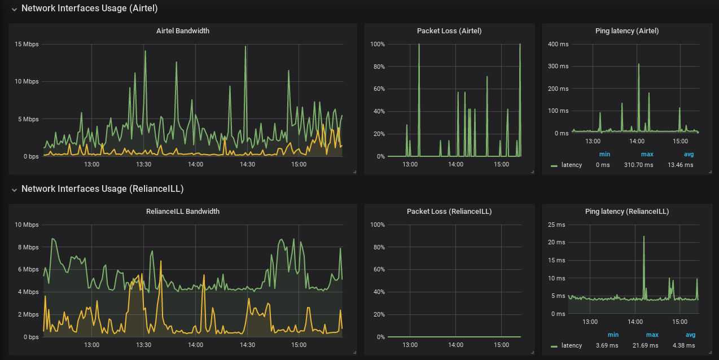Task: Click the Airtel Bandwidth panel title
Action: [182, 31]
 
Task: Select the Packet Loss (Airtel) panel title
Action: [449, 31]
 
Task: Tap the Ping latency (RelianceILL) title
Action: [627, 212]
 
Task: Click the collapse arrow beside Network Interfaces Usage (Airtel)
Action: [14, 9]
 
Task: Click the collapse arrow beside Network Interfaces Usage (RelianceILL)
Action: [14, 189]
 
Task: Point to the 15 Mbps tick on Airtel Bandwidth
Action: [27, 44]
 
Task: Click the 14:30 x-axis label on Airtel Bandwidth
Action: [247, 164]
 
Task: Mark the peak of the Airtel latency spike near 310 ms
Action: [638, 64]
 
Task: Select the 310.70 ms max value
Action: [639, 165]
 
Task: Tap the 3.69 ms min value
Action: [607, 345]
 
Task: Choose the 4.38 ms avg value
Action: [684, 345]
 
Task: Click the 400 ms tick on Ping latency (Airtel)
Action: [558, 44]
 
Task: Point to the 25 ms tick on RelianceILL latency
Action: [556, 225]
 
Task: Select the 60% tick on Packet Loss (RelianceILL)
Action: [377, 270]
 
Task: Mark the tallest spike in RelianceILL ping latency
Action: [644, 236]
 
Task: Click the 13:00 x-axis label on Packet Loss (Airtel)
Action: [410, 164]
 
